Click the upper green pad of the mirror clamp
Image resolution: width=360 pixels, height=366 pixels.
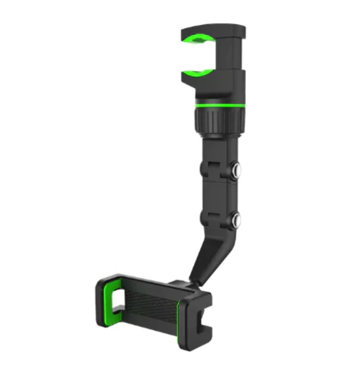199,39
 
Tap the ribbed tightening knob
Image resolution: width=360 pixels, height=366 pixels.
219,120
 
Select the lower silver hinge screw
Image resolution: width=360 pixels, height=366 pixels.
237,219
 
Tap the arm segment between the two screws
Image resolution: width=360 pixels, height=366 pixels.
220,193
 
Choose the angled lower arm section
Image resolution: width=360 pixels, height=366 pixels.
212,257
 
